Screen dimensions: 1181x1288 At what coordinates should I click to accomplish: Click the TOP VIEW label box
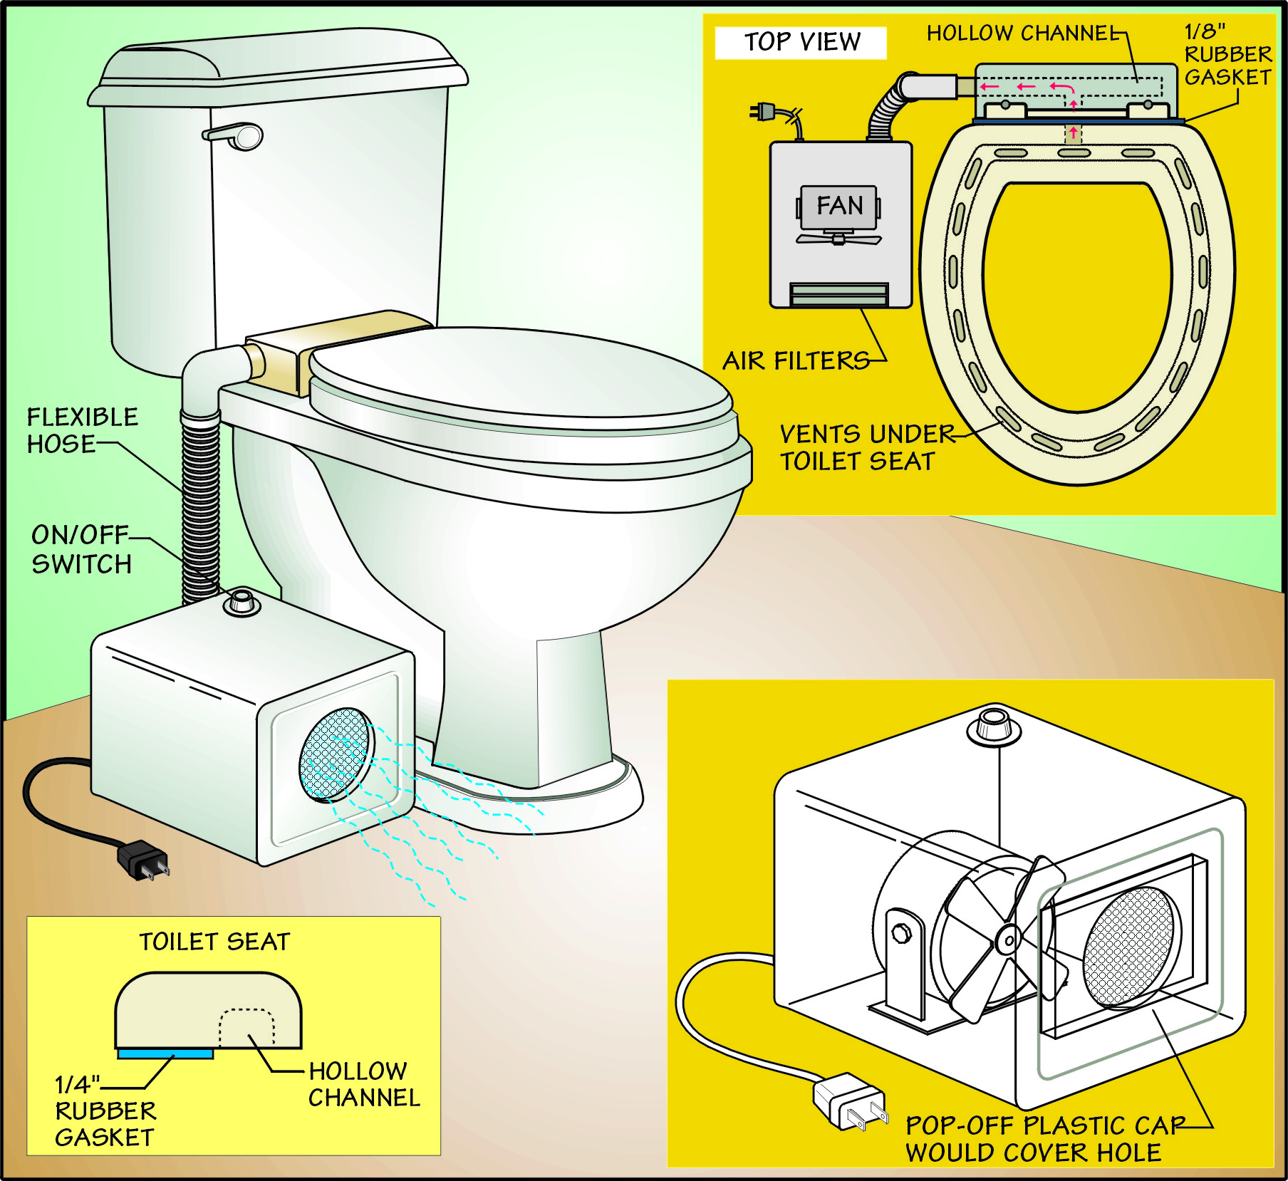[801, 43]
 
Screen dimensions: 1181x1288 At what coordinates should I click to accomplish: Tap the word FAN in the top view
[839, 206]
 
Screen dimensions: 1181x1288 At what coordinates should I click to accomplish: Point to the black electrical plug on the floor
[144, 860]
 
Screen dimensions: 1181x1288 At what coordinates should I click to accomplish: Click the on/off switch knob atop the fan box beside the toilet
[241, 602]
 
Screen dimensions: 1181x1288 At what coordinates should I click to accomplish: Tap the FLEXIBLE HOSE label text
[82, 430]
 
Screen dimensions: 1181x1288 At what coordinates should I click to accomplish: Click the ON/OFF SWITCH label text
[81, 549]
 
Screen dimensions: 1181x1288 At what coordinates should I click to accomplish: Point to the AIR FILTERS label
[795, 361]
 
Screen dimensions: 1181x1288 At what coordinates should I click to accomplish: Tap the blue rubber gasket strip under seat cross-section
[165, 1053]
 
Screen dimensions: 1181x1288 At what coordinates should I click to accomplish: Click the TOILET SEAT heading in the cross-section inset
[214, 942]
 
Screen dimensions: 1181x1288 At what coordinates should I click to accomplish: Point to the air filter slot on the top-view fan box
[839, 293]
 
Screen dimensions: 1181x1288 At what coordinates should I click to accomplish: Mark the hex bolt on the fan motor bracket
[901, 932]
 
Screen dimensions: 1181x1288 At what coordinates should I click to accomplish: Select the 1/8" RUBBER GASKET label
[1227, 55]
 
